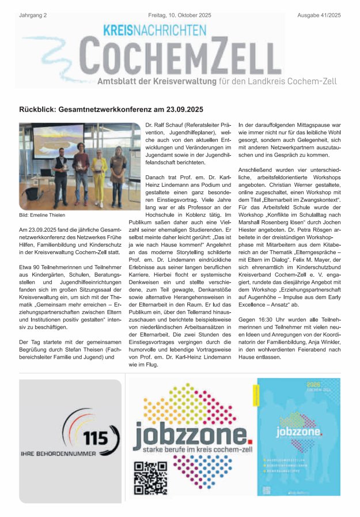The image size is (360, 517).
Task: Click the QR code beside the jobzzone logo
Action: (146, 478)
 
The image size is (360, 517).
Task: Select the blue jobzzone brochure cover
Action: (298, 436)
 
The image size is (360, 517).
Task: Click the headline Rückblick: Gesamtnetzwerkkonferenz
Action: (111, 109)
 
